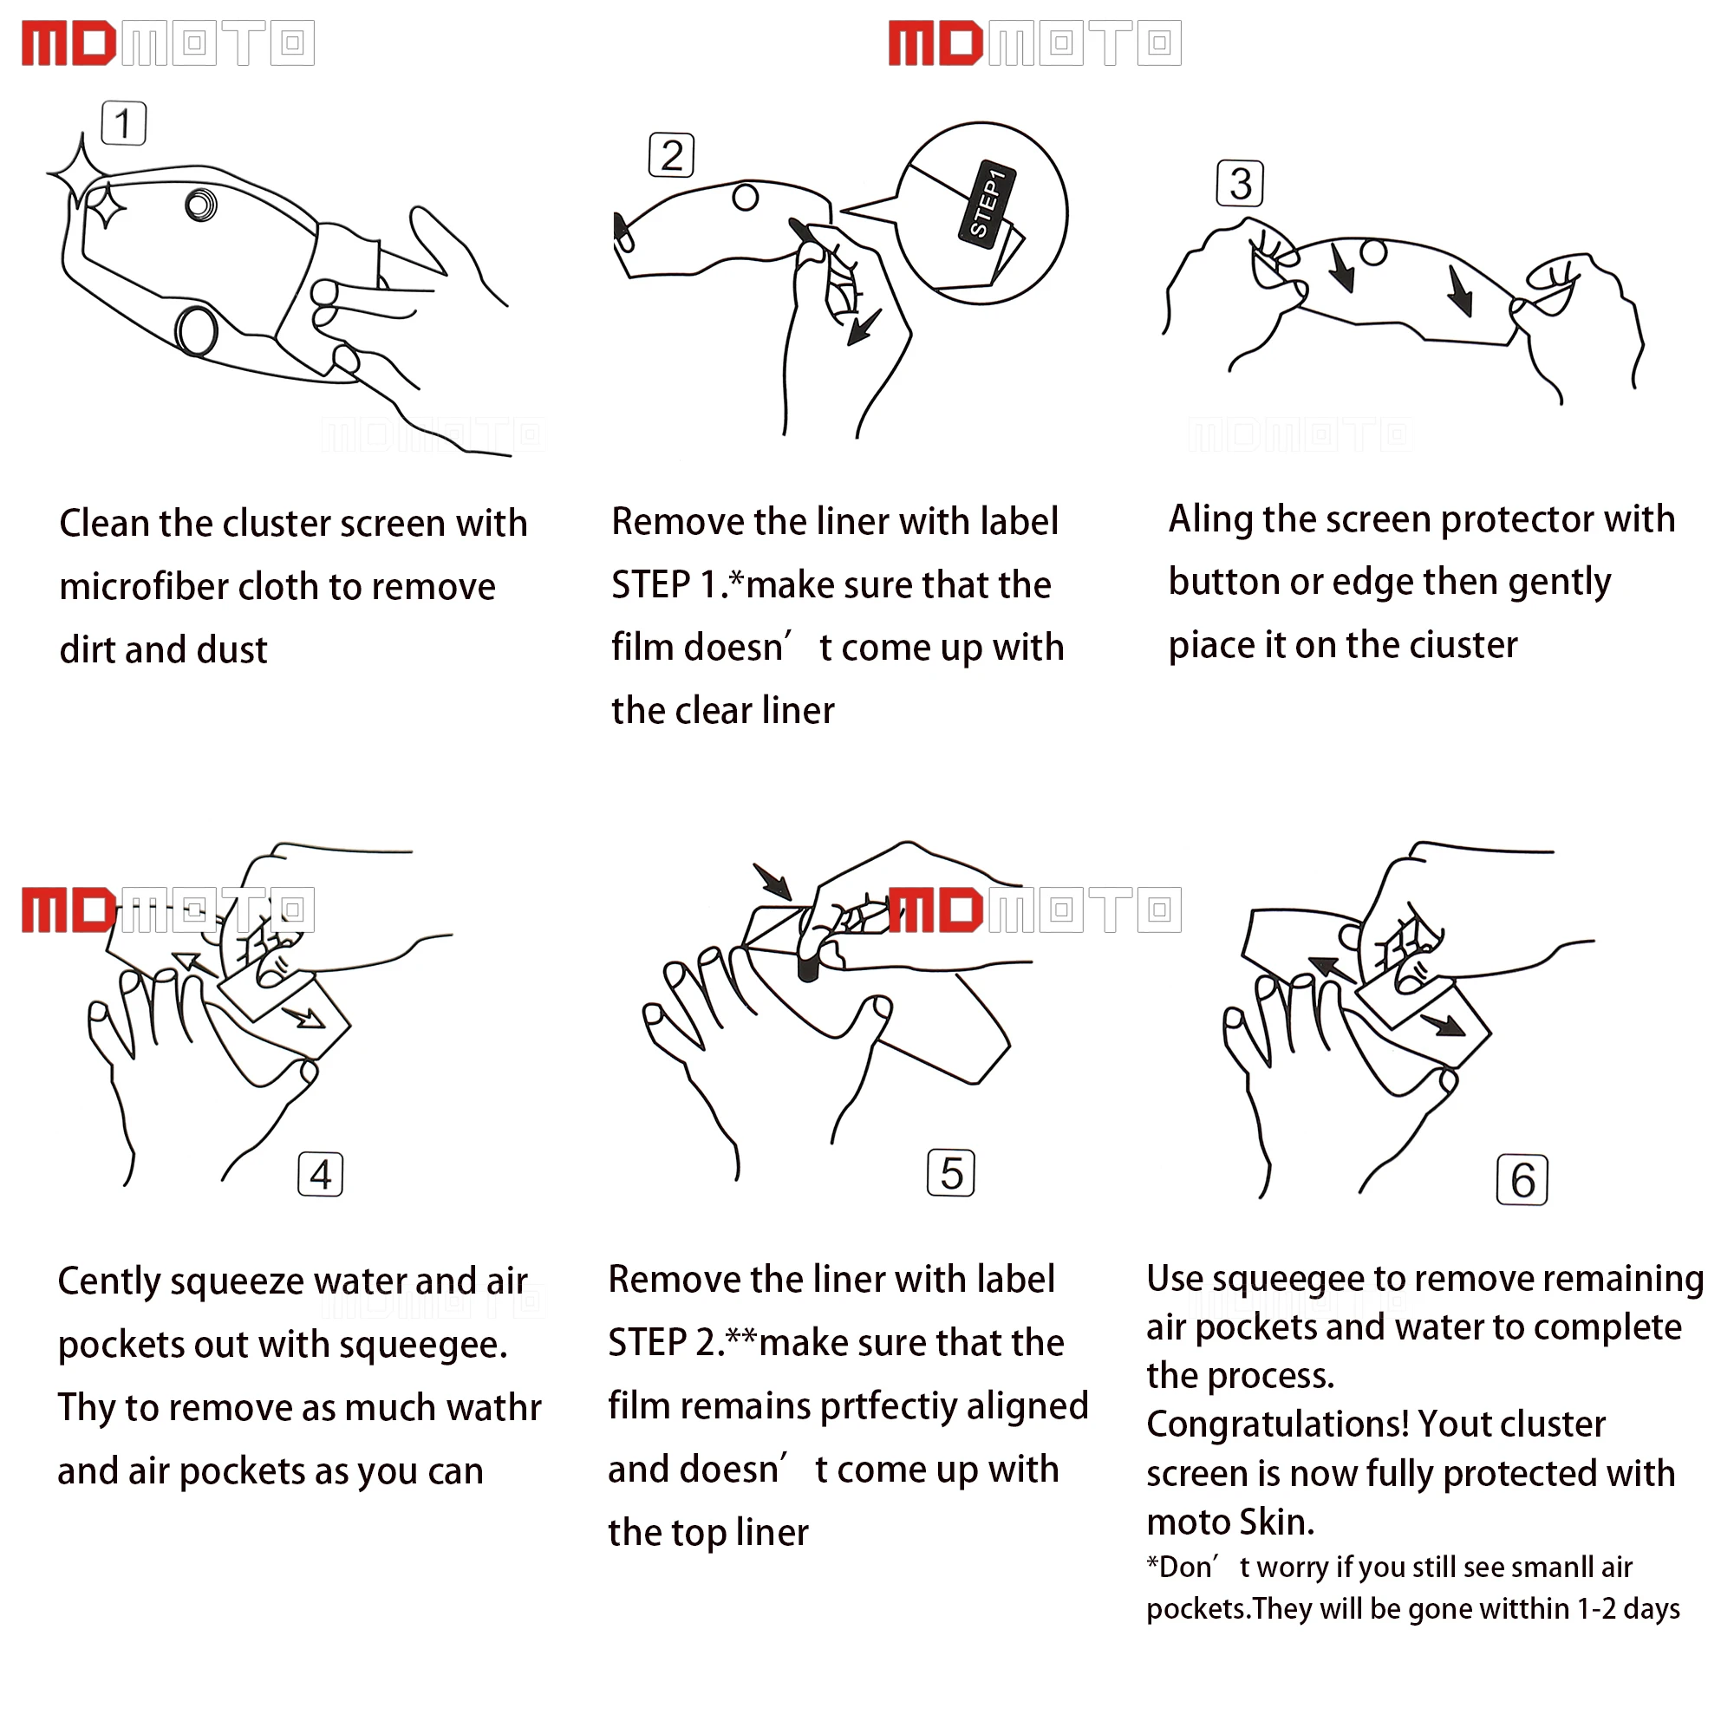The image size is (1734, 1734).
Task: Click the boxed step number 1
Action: click(x=124, y=123)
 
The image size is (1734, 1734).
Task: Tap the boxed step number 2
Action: click(x=671, y=155)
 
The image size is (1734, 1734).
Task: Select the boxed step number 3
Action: click(x=1241, y=183)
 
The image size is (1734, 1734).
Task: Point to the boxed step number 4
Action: click(x=321, y=1175)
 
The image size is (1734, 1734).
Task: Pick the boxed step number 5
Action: click(x=950, y=1173)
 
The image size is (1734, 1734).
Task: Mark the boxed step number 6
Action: click(x=1522, y=1180)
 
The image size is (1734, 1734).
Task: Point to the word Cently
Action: click(x=108, y=1281)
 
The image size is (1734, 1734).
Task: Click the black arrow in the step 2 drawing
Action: click(x=865, y=328)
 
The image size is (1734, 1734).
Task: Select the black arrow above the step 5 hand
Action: click(x=772, y=882)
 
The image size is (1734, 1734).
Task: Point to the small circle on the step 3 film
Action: click(x=1373, y=251)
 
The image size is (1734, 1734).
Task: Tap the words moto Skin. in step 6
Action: click(x=1230, y=1523)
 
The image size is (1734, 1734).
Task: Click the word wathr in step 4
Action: click(x=492, y=1408)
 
